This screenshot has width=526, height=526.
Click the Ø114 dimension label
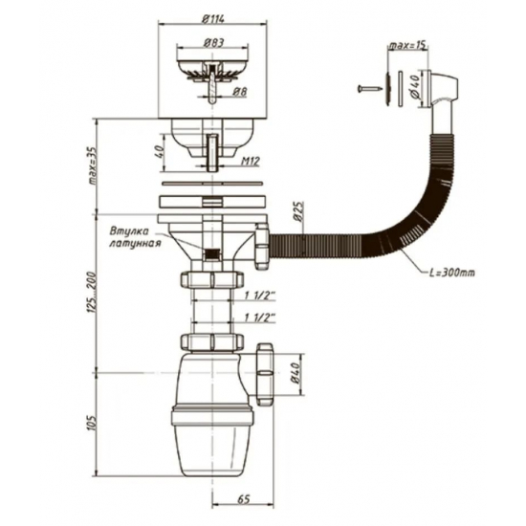coord(213,18)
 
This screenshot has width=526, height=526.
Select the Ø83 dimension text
coord(213,43)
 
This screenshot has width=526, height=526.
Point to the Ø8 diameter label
coord(239,92)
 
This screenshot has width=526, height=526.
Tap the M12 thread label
coord(251,162)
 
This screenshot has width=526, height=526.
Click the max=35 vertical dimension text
coord(92,166)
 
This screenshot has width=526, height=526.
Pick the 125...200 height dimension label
coord(92,293)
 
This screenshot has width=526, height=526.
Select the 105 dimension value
coord(92,424)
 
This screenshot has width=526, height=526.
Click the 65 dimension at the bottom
coord(243,499)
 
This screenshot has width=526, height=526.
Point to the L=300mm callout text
coord(452,273)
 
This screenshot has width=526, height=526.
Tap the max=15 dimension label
coord(408,46)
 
